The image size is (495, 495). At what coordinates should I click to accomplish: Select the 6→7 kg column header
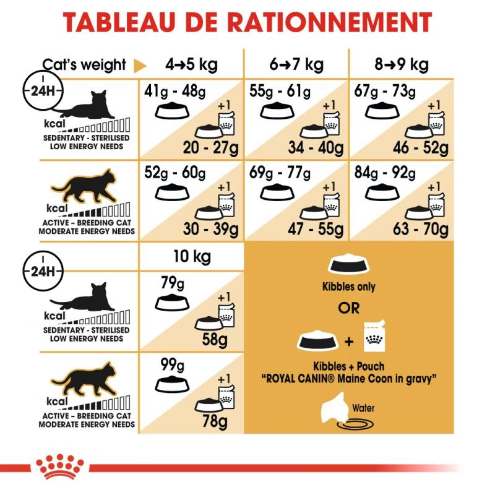[x=296, y=64]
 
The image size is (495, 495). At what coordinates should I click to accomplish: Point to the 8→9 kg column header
[x=402, y=64]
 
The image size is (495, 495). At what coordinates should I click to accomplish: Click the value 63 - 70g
[x=421, y=230]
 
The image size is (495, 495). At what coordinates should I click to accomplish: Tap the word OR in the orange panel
[x=348, y=308]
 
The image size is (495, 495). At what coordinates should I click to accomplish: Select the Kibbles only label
[x=349, y=287]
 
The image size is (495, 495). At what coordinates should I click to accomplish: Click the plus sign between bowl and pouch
[x=348, y=341]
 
